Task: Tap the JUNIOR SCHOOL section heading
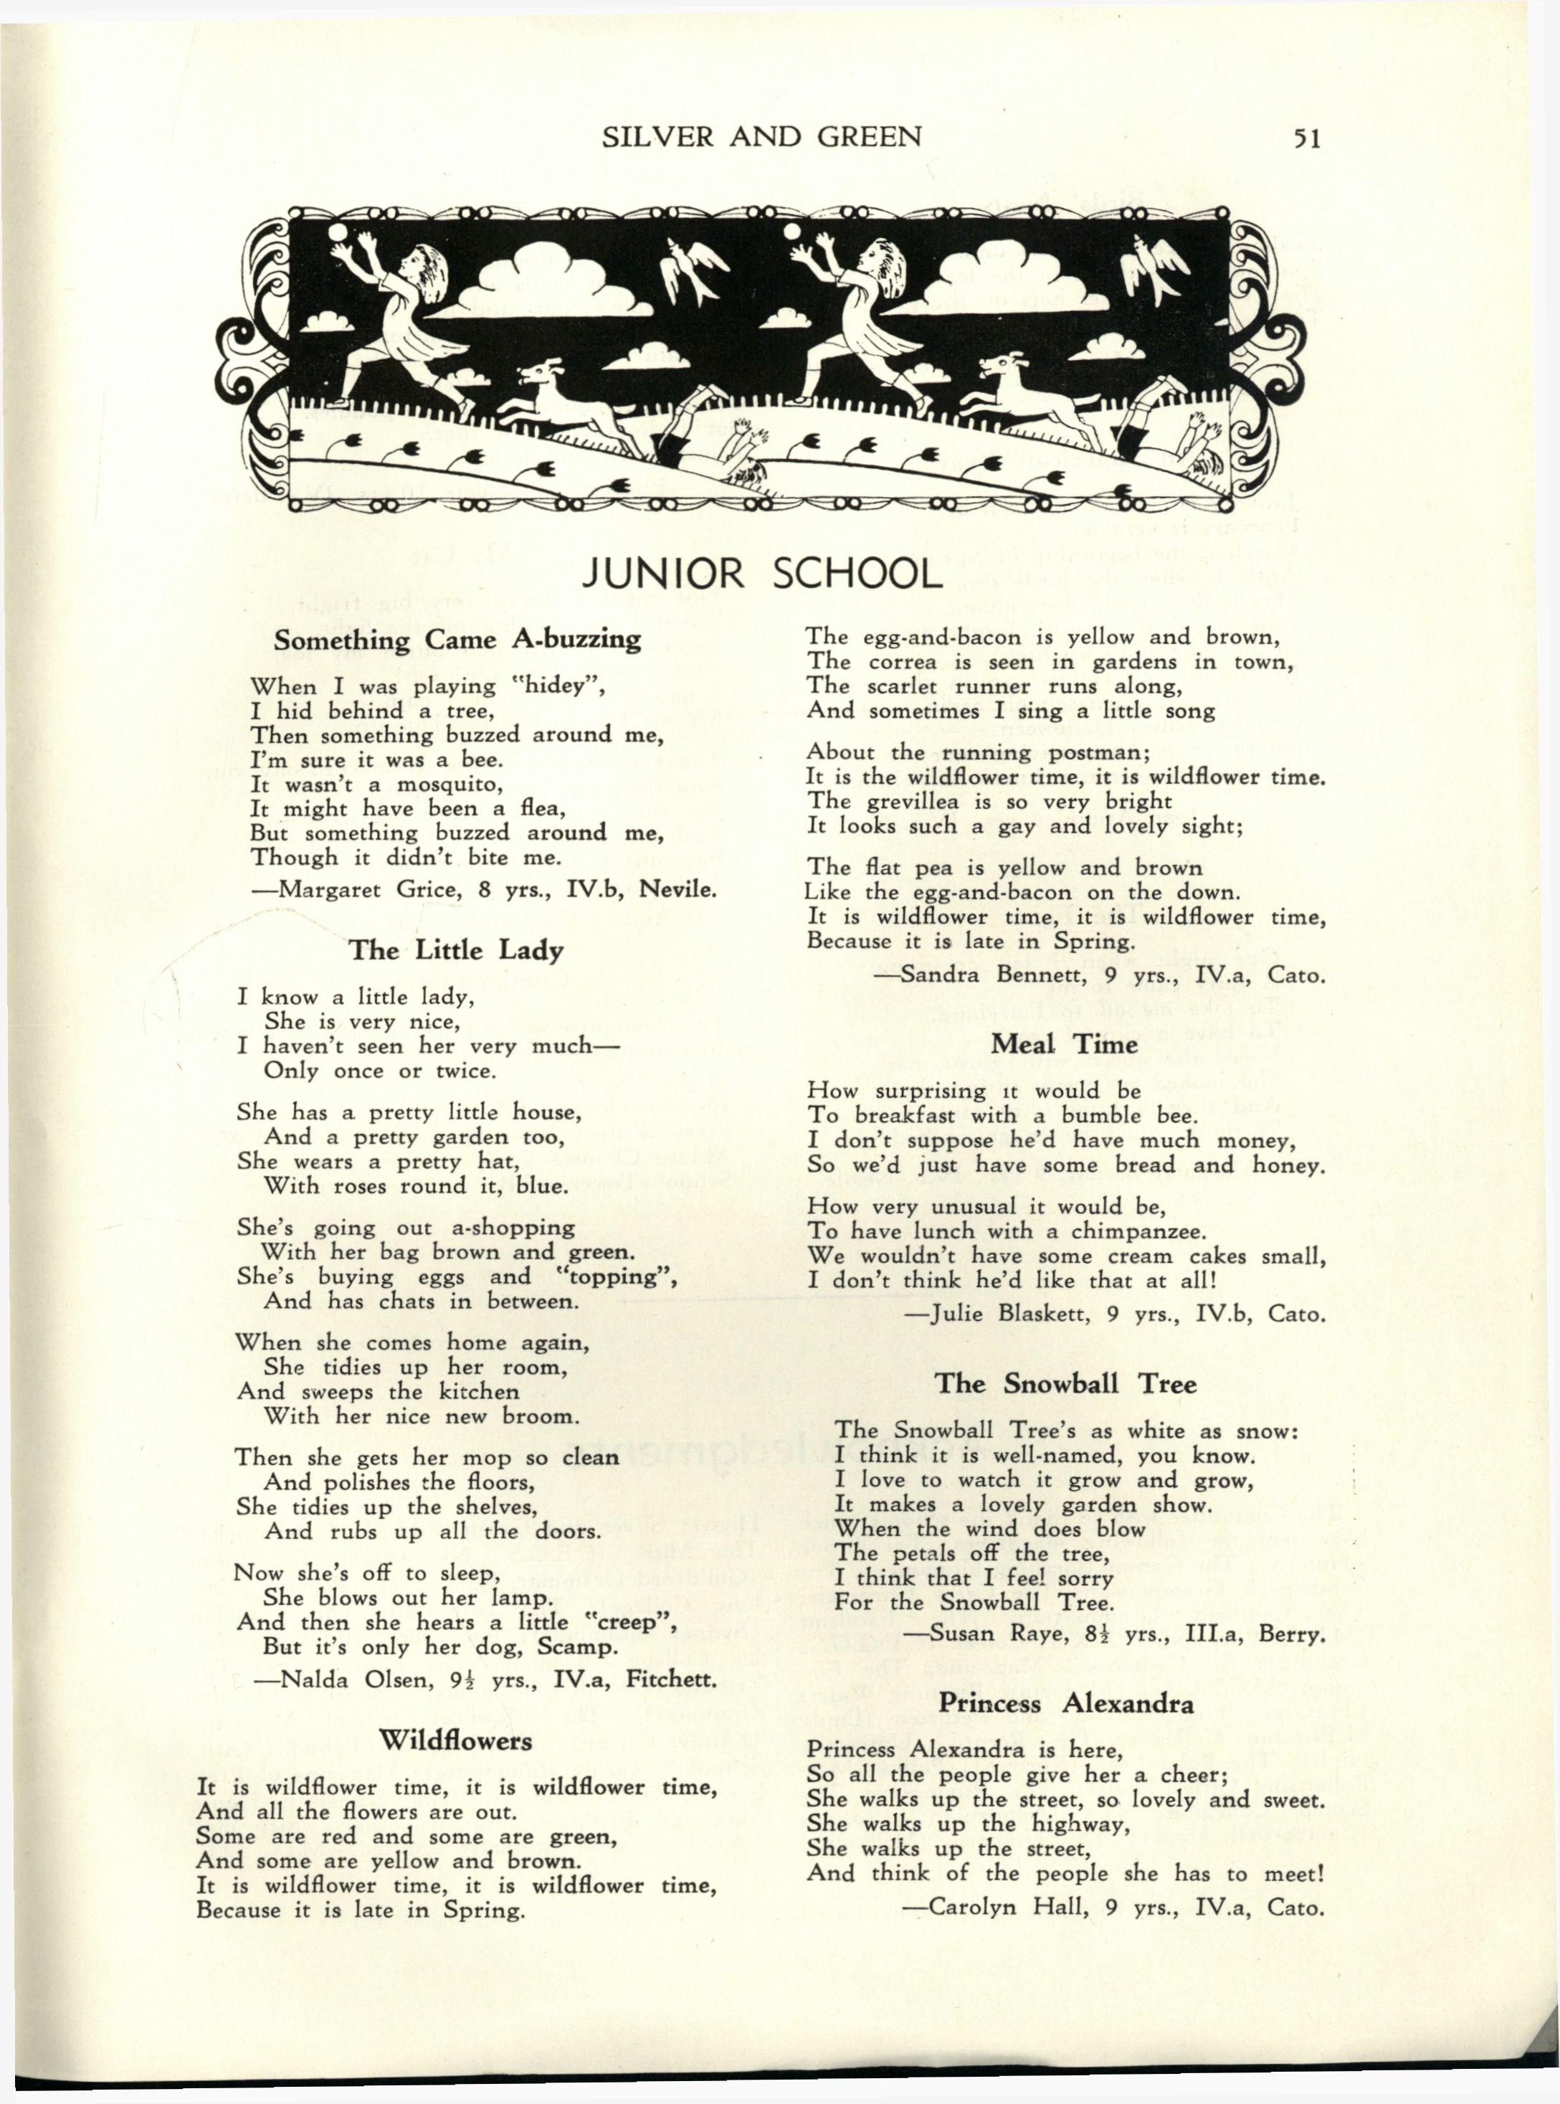pos(762,573)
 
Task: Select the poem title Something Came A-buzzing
pos(457,640)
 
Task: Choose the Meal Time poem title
pos(1064,1044)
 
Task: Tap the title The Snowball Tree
pos(1065,1385)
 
